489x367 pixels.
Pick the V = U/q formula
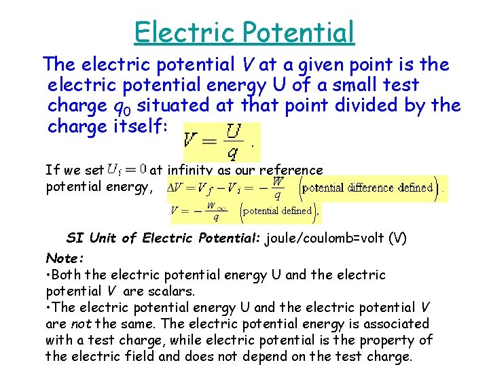point(219,141)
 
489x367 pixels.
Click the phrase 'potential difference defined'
point(367,187)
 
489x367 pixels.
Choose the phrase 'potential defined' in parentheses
point(278,211)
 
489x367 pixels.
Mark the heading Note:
point(65,258)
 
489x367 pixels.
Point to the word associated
point(400,324)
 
